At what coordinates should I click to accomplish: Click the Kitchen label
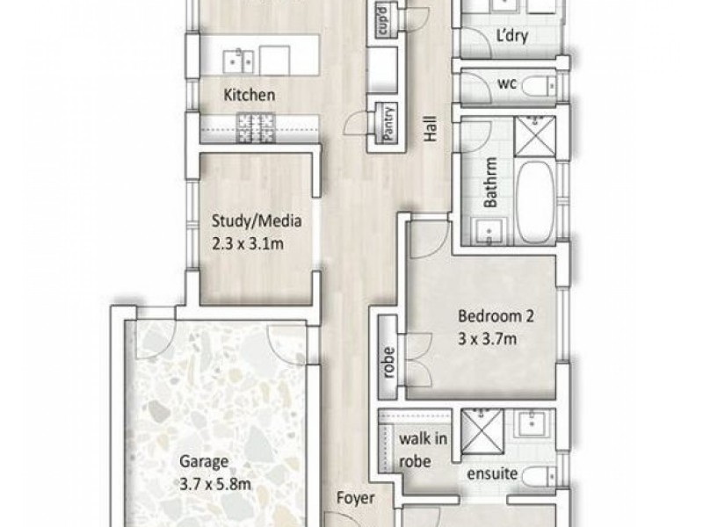click(x=250, y=95)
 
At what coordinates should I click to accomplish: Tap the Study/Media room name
click(x=257, y=221)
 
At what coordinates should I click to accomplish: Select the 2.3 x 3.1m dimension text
click(x=248, y=244)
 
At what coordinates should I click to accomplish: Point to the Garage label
click(x=204, y=462)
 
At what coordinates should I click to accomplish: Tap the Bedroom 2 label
click(x=496, y=316)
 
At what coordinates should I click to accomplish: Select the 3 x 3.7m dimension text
click(x=488, y=339)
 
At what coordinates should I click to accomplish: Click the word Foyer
click(x=356, y=498)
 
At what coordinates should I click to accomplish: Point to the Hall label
click(x=431, y=129)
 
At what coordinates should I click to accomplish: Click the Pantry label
click(x=389, y=123)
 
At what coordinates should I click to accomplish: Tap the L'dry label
click(x=512, y=36)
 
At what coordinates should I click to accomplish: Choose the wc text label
click(x=507, y=83)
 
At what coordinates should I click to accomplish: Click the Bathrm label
click(x=491, y=183)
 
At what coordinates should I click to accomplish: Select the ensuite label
click(x=492, y=473)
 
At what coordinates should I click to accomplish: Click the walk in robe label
click(x=423, y=450)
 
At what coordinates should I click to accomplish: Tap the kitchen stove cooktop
click(x=255, y=128)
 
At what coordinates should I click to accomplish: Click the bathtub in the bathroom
click(x=536, y=201)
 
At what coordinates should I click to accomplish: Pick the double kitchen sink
click(x=238, y=61)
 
